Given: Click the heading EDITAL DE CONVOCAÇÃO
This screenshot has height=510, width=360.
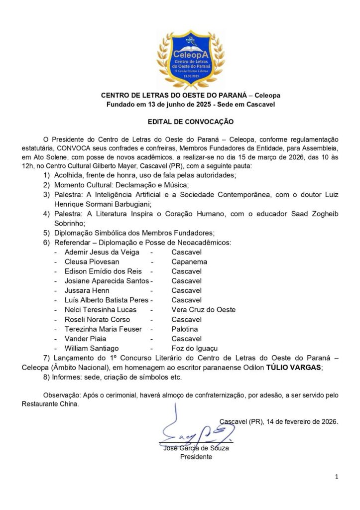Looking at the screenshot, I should (190, 121).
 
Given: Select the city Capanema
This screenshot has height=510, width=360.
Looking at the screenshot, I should (189, 262).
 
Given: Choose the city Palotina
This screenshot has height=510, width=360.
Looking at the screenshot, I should (185, 329).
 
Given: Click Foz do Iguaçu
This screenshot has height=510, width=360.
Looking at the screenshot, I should (195, 348).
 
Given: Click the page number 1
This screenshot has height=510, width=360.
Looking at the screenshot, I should (337, 477).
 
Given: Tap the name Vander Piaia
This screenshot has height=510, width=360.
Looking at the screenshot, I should (83, 339).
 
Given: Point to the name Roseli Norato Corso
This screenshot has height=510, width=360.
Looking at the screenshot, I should (98, 319).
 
